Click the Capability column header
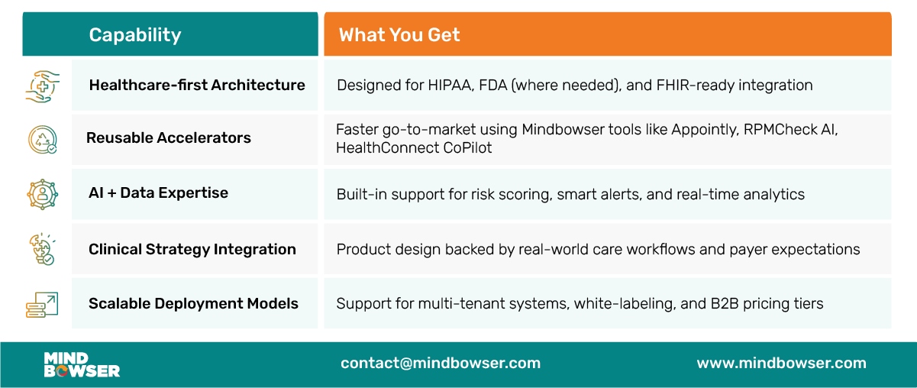pos(135,35)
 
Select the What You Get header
pos(399,35)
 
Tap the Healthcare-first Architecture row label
pos(197,86)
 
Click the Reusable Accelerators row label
pos(168,138)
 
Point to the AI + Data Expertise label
pos(158,193)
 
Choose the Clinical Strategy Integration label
pos(192,250)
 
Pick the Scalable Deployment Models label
pos(193,303)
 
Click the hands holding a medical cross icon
pos(43,86)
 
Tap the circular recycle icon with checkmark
pos(43,140)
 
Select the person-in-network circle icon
pos(43,195)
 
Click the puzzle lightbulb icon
pos(43,249)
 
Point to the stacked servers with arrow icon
pos(42,305)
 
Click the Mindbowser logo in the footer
pos(82,364)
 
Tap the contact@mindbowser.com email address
pos(441,363)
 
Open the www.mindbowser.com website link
pos(782,363)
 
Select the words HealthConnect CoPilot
pos(414,148)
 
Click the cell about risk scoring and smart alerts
pos(608,194)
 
